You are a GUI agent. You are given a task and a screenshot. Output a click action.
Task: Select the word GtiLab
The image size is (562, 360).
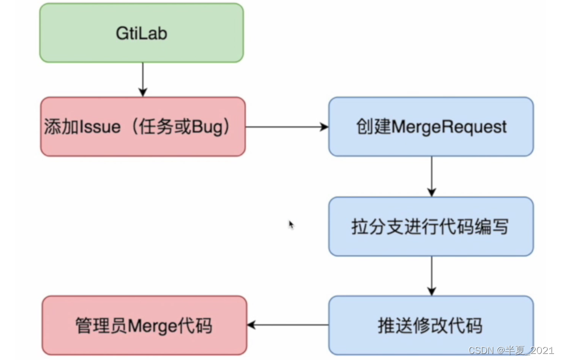point(141,34)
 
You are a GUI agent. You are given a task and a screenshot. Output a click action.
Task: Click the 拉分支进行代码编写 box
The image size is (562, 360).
point(431,227)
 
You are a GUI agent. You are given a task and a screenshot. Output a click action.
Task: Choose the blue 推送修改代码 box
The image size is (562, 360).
point(431,325)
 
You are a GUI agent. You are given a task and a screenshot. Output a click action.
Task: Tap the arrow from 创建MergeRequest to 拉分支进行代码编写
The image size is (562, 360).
point(431,176)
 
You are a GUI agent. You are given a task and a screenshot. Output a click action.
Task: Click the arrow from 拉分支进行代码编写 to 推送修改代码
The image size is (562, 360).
point(431,276)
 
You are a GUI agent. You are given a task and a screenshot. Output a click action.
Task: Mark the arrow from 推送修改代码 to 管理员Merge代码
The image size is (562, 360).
point(288,325)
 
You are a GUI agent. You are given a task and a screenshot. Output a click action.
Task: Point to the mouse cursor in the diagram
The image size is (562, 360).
point(291,225)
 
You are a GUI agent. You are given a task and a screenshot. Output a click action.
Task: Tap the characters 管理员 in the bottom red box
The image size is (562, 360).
point(101,326)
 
